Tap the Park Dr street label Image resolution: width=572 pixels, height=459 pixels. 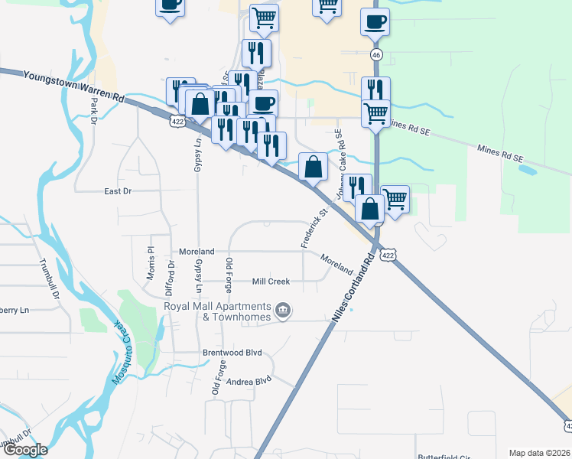click(93, 112)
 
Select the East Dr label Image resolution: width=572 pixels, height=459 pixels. click(118, 191)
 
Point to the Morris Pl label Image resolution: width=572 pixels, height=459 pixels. click(151, 262)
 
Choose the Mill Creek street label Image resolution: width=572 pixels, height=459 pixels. click(271, 282)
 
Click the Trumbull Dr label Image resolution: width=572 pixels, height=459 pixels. click(54, 279)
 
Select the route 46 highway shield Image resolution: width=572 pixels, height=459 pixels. click(376, 55)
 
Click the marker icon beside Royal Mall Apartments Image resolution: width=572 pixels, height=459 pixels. click(283, 311)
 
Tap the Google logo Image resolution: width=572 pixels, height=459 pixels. click(24, 450)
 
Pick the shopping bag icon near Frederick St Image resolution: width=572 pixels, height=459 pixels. click(313, 166)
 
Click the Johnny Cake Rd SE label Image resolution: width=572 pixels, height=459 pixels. click(339, 161)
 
